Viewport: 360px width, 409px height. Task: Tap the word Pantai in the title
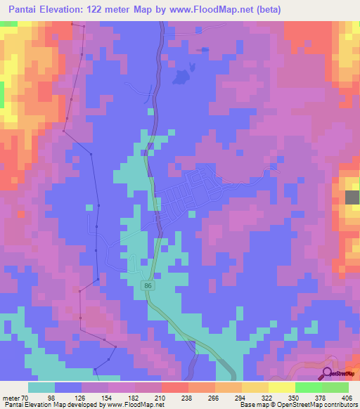click(x=23, y=9)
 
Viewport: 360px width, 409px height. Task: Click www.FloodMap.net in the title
click(x=226, y=9)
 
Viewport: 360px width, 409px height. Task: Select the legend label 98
click(x=70, y=398)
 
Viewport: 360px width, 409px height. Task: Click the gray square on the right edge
click(x=352, y=197)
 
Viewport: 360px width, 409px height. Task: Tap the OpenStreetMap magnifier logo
click(x=328, y=374)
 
